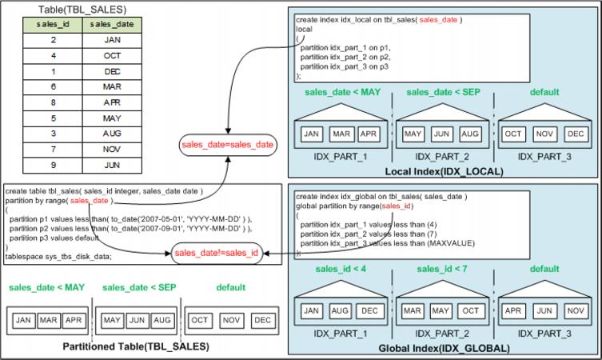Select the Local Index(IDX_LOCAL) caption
point(441,172)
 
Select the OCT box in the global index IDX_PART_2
point(470,310)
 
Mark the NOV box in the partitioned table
point(232,320)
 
